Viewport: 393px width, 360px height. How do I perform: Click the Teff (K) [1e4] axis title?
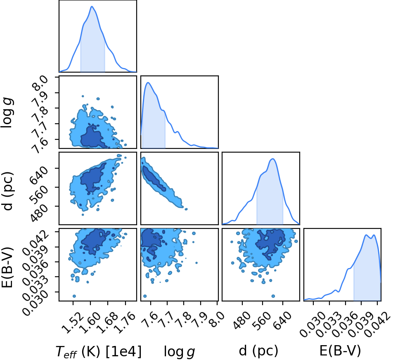point(99,351)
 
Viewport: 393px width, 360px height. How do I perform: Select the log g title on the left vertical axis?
point(7,113)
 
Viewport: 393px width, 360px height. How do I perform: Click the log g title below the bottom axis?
point(179,352)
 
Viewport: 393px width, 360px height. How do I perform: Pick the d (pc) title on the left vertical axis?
point(7,191)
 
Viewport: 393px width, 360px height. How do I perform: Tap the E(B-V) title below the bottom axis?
point(340,351)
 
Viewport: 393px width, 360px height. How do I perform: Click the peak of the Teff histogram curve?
point(92,6)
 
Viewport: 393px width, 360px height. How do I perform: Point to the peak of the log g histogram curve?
point(148,82)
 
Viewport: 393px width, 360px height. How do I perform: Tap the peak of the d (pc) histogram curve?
point(273,159)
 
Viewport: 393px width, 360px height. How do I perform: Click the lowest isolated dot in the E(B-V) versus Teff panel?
point(74,296)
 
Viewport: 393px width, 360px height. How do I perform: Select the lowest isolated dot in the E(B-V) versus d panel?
point(273,296)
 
